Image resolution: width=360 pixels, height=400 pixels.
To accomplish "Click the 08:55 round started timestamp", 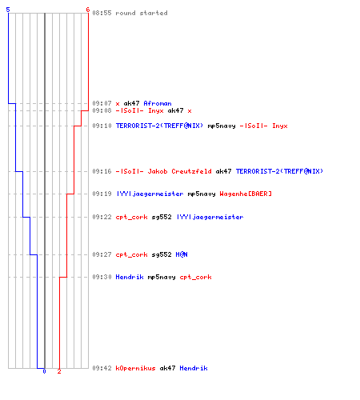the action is (102, 13).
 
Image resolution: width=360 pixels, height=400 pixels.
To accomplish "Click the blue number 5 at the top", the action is (8, 10).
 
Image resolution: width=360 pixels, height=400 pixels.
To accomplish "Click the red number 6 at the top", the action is (88, 10).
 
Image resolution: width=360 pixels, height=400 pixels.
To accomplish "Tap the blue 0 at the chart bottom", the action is (44, 371).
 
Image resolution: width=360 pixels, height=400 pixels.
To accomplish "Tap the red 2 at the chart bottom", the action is (59, 371).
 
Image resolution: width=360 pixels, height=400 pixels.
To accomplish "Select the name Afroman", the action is (158, 103).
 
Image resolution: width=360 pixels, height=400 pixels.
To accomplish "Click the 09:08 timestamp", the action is (102, 110).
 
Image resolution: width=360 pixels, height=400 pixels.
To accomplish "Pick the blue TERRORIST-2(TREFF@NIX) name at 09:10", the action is (159, 126).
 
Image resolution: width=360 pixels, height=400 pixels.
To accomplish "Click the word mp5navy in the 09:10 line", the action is (222, 126).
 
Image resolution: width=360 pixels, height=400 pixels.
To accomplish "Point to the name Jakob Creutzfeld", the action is (179, 171).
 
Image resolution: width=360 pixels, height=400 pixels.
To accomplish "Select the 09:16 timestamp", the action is (102, 171).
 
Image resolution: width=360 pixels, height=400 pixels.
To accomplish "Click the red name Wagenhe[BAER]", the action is (246, 194).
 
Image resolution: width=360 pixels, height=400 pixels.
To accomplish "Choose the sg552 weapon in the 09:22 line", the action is (162, 217).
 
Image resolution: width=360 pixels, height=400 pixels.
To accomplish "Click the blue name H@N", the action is (182, 254).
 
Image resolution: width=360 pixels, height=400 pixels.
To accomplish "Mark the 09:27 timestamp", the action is (102, 254).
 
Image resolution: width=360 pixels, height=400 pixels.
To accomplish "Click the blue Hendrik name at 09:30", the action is (130, 277).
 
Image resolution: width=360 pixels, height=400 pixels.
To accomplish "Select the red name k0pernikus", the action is (135, 368).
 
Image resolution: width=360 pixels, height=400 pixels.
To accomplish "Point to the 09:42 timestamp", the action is (102, 368).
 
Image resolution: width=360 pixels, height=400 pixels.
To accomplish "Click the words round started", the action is (142, 13).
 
